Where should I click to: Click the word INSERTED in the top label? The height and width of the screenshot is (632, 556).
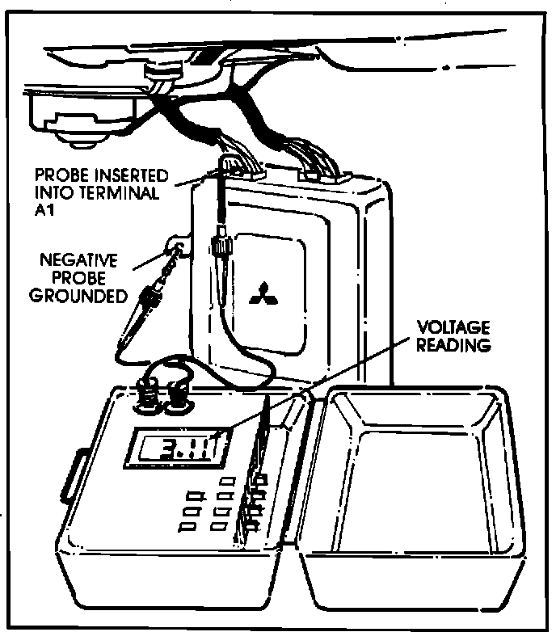134,175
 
